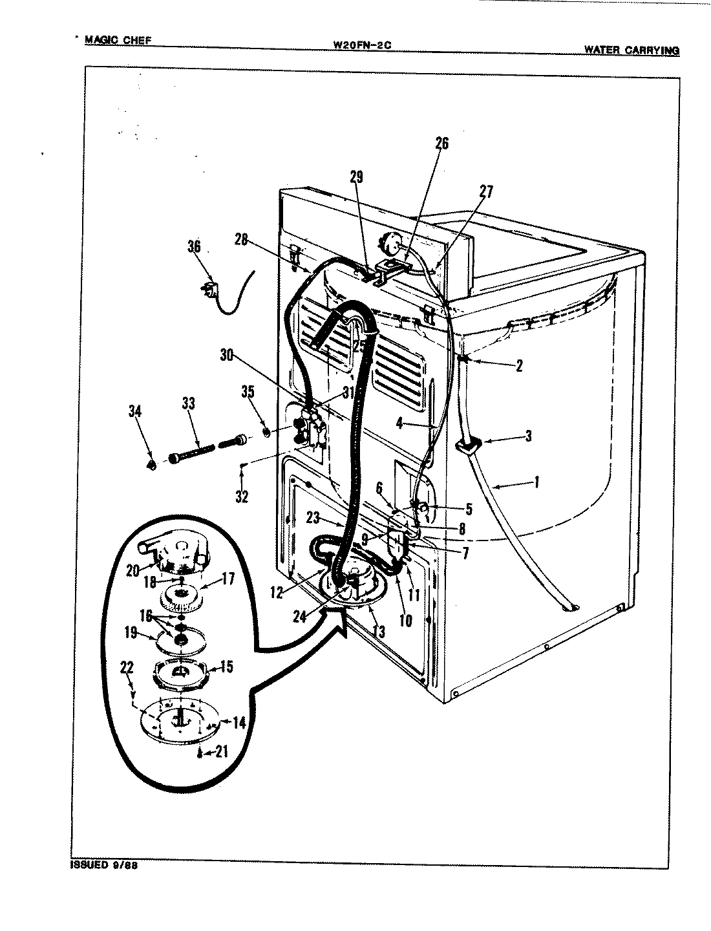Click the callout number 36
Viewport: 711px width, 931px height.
195,246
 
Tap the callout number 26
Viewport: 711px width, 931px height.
441,143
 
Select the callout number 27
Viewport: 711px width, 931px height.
486,191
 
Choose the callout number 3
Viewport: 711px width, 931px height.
528,436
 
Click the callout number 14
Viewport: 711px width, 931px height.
239,723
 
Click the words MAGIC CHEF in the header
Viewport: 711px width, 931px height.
118,40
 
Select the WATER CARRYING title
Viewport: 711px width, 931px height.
631,49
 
